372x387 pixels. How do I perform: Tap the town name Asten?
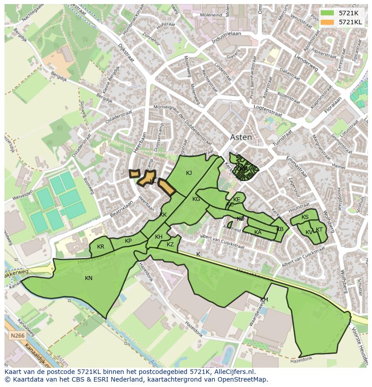pos(241,138)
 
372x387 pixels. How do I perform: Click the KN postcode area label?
pos(89,278)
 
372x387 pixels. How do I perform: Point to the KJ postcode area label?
pos(189,173)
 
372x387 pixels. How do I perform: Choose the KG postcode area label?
pos(196,199)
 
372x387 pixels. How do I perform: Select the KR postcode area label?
pos(101,247)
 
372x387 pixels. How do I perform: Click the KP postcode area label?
pos(128,241)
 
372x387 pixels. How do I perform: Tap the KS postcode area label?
pos(305,217)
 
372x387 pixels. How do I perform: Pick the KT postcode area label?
pos(319,230)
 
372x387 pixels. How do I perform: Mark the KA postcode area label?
pos(258,232)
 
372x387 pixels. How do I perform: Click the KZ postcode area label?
pos(170,245)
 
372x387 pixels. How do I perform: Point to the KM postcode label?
pos(264,300)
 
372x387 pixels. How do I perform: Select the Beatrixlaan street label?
pos(122,210)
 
